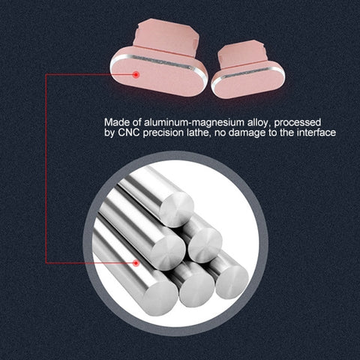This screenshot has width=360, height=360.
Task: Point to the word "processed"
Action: pos(298,123)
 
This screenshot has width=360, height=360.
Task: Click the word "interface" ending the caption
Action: pos(316,133)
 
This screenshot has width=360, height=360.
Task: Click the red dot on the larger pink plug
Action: pos(136,74)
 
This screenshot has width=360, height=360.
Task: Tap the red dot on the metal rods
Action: pos(136,263)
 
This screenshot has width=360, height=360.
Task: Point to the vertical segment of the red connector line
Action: pos(46,169)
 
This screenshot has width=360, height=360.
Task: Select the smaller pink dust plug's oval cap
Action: pos(248,80)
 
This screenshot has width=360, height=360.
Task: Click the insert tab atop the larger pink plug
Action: pos(166,37)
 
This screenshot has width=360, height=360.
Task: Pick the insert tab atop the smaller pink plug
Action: pos(241,54)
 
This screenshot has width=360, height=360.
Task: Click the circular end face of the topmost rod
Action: pos(176,209)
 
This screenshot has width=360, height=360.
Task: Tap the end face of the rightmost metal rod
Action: pos(232,281)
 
